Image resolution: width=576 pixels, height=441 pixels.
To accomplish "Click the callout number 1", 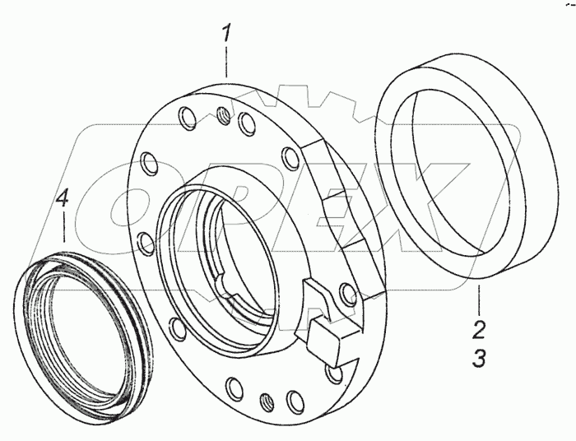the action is (225, 34).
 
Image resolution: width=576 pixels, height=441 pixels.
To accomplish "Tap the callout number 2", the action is (478, 329).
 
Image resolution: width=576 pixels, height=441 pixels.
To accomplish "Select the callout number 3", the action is (478, 357).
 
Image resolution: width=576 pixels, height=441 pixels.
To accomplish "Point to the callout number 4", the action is (62, 199).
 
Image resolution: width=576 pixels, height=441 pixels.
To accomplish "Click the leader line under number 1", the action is (226, 62).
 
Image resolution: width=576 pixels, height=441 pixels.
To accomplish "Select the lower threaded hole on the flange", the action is (266, 402).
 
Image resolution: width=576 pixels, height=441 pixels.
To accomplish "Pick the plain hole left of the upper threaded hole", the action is (187, 118).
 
